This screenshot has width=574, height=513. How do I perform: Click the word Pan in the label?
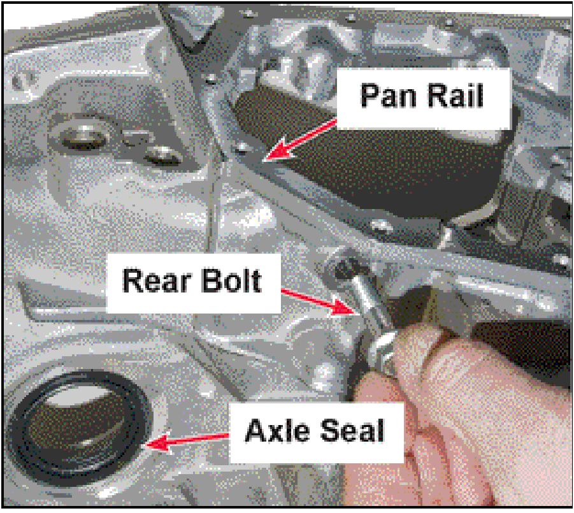[389, 96]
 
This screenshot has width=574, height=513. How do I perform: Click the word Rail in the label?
[456, 96]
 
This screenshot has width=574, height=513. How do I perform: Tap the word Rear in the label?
[157, 281]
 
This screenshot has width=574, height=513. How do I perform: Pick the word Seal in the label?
[352, 431]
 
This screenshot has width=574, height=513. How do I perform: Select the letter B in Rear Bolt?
[211, 281]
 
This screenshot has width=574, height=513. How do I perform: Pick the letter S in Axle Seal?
[329, 431]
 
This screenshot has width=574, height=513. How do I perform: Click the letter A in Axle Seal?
[255, 431]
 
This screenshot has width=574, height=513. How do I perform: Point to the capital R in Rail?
[438, 96]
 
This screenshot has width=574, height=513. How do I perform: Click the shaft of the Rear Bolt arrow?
[308, 297]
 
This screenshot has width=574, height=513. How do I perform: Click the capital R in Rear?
[133, 281]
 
